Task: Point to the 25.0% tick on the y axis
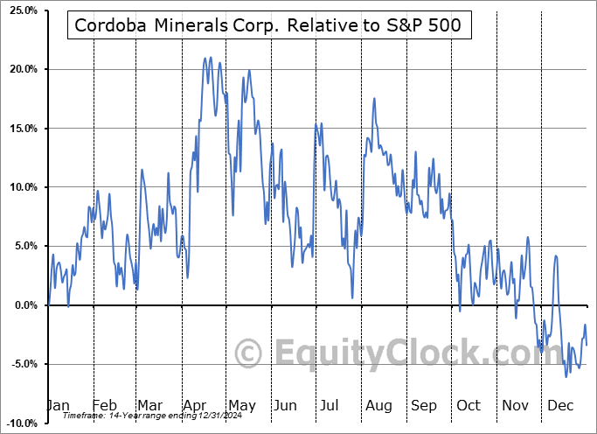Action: click(x=20, y=10)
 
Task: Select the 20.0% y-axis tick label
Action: click(x=20, y=69)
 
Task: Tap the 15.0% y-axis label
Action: click(x=20, y=129)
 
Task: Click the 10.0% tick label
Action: click(x=20, y=187)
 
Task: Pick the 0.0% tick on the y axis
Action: click(x=22, y=305)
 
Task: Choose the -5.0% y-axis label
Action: click(x=21, y=364)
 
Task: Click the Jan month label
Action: click(x=58, y=405)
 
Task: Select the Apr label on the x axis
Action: click(x=195, y=405)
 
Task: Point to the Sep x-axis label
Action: click(x=424, y=405)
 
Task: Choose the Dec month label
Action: click(x=560, y=405)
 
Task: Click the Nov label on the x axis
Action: click(x=515, y=405)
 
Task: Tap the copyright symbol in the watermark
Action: click(x=249, y=353)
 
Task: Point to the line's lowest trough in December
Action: click(x=566, y=376)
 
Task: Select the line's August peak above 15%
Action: click(x=374, y=98)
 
